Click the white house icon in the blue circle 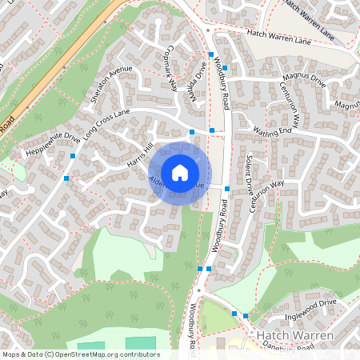[x=180, y=173]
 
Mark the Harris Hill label [x=138, y=157]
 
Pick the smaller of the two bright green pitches [x=91, y=347]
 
